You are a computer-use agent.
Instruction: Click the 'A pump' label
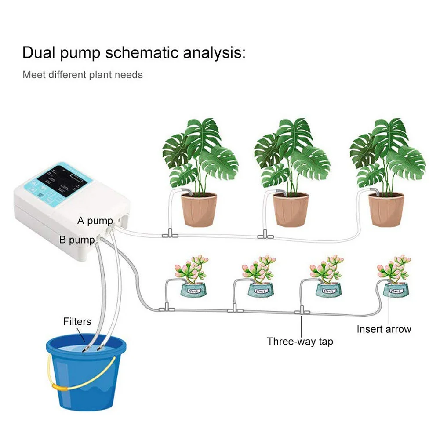point(95,221)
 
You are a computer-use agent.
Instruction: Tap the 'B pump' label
point(77,240)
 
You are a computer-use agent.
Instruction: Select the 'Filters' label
point(77,321)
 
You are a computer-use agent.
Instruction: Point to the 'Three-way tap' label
point(300,341)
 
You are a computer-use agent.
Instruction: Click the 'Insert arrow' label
point(384,329)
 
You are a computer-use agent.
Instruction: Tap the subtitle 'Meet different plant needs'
point(83,75)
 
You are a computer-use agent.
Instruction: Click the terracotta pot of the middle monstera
point(291,210)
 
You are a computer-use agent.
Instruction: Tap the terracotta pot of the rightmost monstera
point(386,210)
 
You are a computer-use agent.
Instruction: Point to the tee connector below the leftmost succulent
point(166,309)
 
